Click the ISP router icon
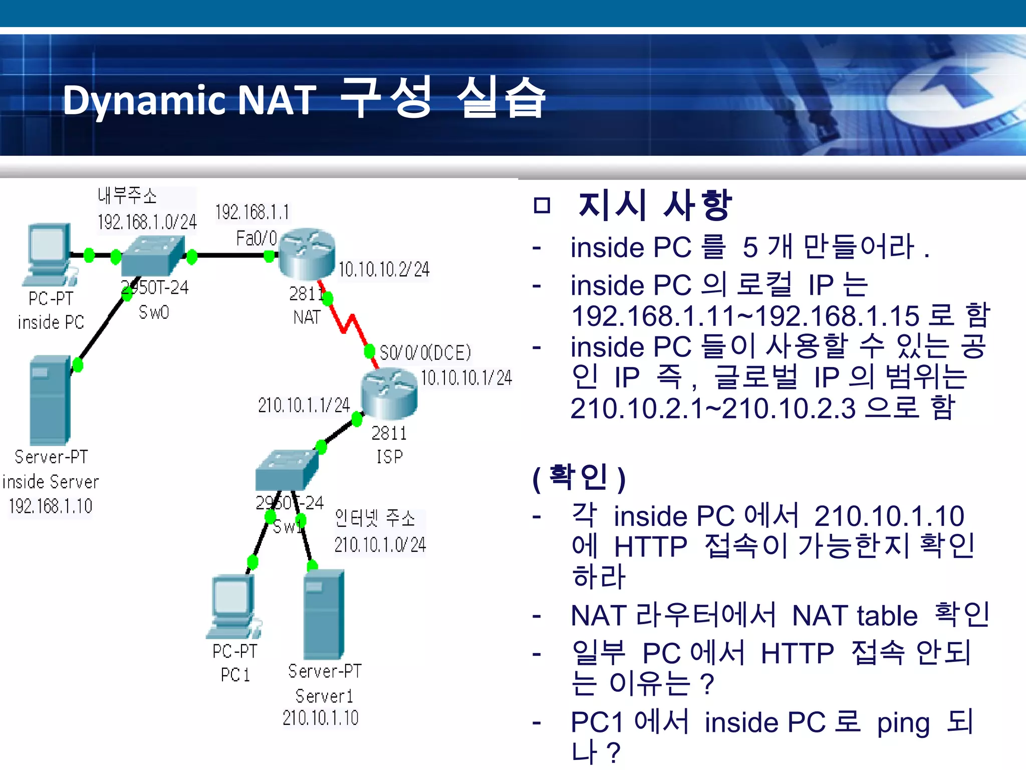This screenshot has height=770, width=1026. [x=389, y=394]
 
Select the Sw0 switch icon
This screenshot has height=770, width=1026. [x=152, y=255]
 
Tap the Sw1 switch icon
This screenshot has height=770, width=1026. [x=287, y=470]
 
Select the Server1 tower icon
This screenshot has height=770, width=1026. [x=324, y=614]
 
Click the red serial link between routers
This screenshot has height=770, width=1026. [x=349, y=324]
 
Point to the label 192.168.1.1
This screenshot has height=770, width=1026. [x=252, y=213]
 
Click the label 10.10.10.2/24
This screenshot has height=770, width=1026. [x=384, y=270]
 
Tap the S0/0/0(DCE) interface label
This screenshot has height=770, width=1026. [x=425, y=353]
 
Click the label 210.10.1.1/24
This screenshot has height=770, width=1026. [x=304, y=405]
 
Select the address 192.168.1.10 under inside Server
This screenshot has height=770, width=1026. [x=51, y=506]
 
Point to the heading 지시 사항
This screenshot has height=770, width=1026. [x=654, y=206]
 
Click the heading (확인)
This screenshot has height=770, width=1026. [x=579, y=477]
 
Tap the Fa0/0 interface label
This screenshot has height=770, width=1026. [x=256, y=238]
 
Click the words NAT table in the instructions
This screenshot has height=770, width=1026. [x=855, y=616]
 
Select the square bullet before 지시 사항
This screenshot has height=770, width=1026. [x=542, y=206]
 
